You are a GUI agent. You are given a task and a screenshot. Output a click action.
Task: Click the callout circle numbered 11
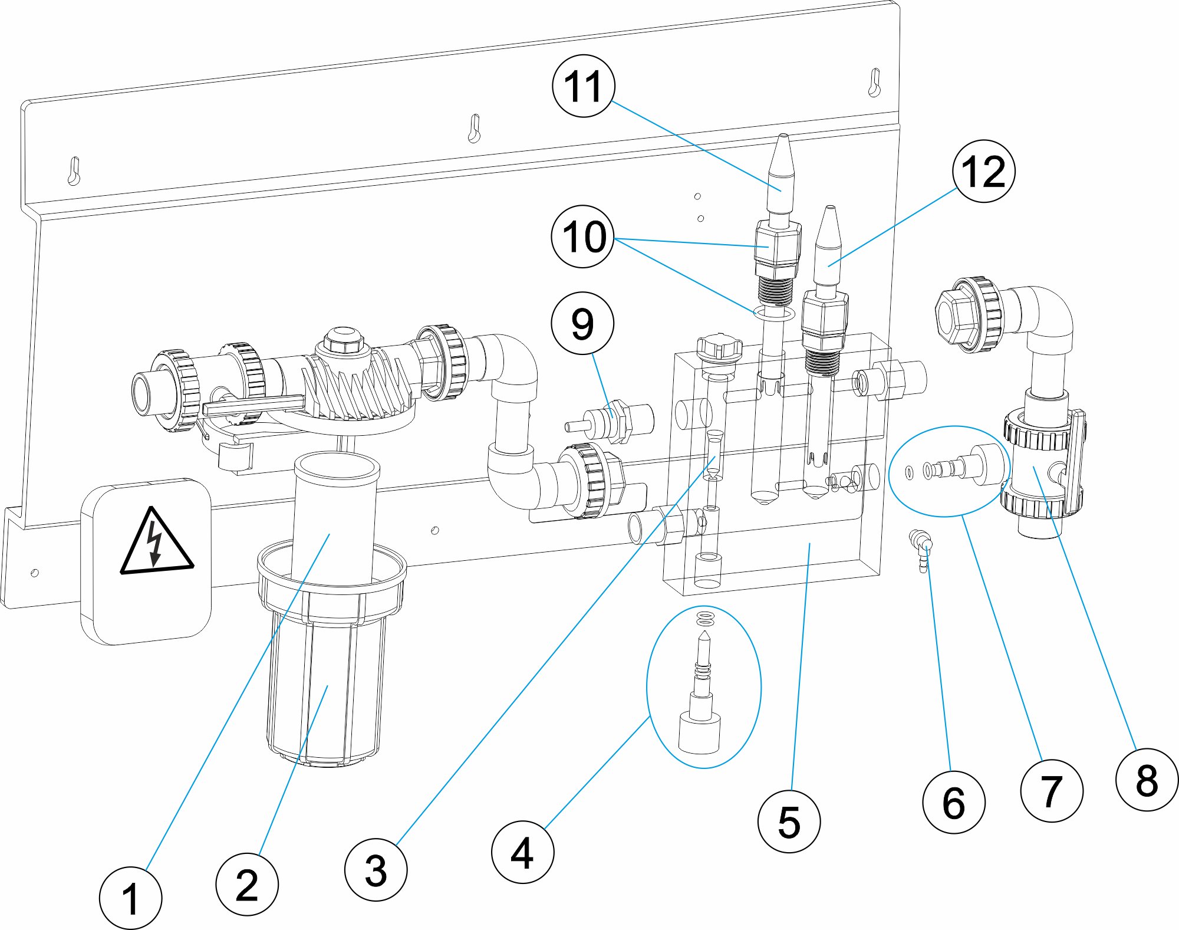[x=583, y=86]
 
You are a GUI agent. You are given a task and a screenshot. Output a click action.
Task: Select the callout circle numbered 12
[x=983, y=171]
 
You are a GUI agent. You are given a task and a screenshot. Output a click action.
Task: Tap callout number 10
[x=583, y=236]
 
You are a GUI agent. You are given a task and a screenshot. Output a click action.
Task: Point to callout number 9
[x=582, y=323]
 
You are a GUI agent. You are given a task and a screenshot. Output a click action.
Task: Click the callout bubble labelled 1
[x=130, y=898]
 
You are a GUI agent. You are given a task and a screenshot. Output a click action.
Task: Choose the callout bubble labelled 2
[x=247, y=884]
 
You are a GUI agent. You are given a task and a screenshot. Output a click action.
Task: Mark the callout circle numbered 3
[x=376, y=870]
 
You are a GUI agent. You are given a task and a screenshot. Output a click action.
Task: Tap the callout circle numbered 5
[x=789, y=821]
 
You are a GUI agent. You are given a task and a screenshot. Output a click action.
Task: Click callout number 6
[x=953, y=802]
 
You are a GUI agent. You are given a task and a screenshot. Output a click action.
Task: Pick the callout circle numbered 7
[x=1051, y=791]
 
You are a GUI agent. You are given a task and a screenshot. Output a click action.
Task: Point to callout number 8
[x=1147, y=780]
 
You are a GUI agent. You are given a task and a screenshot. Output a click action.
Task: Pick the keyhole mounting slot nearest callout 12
[x=874, y=83]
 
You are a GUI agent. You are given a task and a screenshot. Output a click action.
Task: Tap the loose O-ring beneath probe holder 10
[x=774, y=313]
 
